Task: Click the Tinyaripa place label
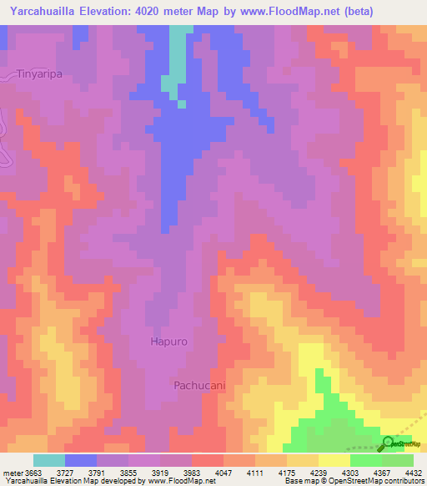[x=40, y=73]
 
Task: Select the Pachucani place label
[x=199, y=385]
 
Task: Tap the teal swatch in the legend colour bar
[x=48, y=460]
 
